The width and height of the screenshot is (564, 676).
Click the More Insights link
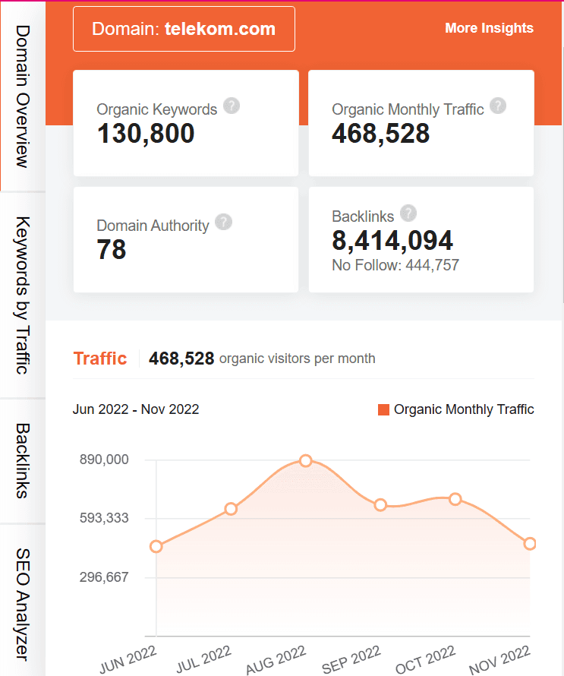[489, 28]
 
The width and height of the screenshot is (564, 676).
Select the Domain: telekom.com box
[184, 29]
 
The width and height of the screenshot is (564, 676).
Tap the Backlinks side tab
[23, 460]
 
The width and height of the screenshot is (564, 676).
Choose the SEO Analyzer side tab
[23, 603]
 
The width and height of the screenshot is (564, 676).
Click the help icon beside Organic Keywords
[232, 106]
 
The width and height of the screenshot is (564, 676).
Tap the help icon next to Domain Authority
[223, 222]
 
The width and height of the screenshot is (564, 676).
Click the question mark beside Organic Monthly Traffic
[498, 106]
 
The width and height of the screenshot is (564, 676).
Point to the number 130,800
[146, 134]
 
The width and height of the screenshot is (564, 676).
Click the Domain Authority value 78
[112, 250]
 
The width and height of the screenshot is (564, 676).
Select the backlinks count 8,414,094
[392, 241]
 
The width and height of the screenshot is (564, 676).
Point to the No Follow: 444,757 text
[395, 265]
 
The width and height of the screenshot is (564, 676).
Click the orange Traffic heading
[99, 359]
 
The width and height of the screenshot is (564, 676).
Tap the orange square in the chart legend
[383, 410]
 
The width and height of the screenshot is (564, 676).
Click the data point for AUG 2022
[306, 461]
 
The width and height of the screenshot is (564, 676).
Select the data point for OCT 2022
[455, 499]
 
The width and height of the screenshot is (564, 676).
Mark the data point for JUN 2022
[156, 546]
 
